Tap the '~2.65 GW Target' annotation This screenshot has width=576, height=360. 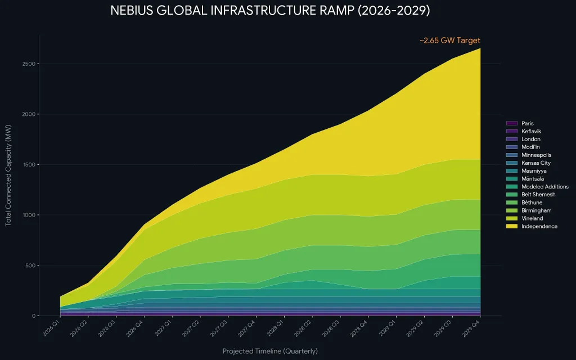click(x=449, y=40)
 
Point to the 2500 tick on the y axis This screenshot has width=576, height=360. click(x=29, y=64)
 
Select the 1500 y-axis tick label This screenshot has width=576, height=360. click(x=29, y=165)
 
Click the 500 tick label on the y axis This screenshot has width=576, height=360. click(x=30, y=265)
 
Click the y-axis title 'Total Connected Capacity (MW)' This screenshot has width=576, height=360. click(x=8, y=175)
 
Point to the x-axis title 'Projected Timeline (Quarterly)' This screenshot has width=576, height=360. click(x=270, y=351)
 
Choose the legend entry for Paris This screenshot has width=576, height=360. click(x=520, y=123)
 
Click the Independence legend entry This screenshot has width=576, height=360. click(x=532, y=226)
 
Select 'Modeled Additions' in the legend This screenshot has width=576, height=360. click(x=537, y=187)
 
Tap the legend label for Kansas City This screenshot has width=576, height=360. click(x=536, y=163)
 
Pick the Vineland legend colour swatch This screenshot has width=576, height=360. click(x=512, y=218)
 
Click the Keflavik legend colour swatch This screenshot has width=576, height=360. click(x=512, y=131)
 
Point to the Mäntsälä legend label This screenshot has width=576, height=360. click(x=533, y=178)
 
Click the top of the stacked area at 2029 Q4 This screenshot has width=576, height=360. click(x=480, y=48)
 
